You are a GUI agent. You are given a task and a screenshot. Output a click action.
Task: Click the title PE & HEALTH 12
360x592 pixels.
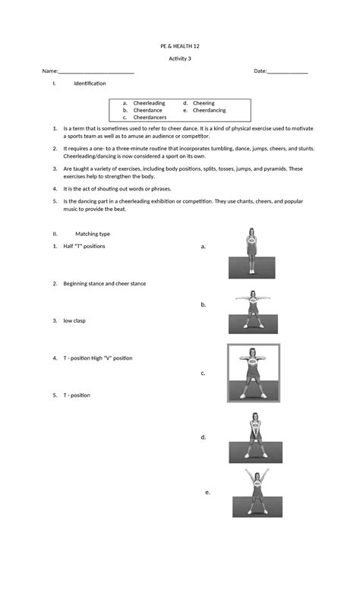pos(180,46)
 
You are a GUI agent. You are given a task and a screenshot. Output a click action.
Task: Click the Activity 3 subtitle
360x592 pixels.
pos(180,58)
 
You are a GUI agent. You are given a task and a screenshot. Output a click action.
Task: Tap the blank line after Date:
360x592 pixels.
pos(288,72)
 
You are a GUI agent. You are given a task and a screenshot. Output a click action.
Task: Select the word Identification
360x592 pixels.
pos(90,83)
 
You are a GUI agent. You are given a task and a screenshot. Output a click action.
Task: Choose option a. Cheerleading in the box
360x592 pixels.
pos(149,103)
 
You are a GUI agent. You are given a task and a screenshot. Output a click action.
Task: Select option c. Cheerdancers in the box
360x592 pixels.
pos(150,118)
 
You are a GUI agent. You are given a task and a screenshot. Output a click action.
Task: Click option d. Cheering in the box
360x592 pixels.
pos(204,103)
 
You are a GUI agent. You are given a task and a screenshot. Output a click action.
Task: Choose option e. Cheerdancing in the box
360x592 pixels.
pos(209,110)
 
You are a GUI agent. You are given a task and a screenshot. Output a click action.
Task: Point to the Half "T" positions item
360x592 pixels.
pos(84,247)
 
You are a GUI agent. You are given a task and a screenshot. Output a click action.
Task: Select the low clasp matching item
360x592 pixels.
pos(74,320)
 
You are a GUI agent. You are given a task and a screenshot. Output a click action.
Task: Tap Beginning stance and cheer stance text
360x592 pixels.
pos(105,283)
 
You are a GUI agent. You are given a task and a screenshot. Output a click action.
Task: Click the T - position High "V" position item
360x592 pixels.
pos(98,357)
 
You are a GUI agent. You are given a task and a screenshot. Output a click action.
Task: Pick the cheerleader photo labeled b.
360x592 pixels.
pos(253,312)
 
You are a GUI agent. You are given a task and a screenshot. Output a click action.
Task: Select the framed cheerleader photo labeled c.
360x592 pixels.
pos(254,373)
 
